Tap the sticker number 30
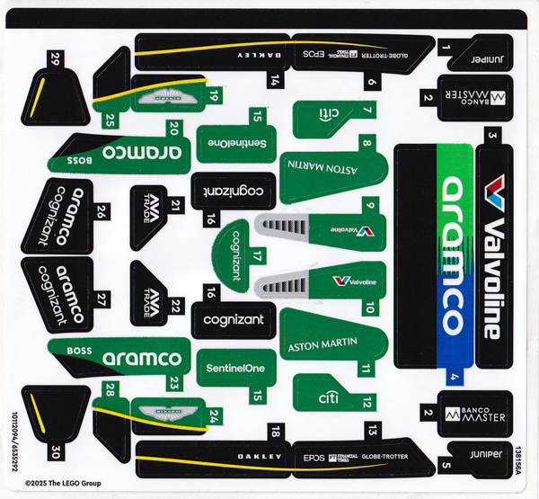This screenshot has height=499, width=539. (56, 450)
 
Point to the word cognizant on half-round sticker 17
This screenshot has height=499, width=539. (235, 255)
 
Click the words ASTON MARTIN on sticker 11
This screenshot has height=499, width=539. (321, 344)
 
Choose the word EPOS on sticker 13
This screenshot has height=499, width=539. (314, 457)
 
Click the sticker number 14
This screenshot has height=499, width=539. (275, 80)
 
